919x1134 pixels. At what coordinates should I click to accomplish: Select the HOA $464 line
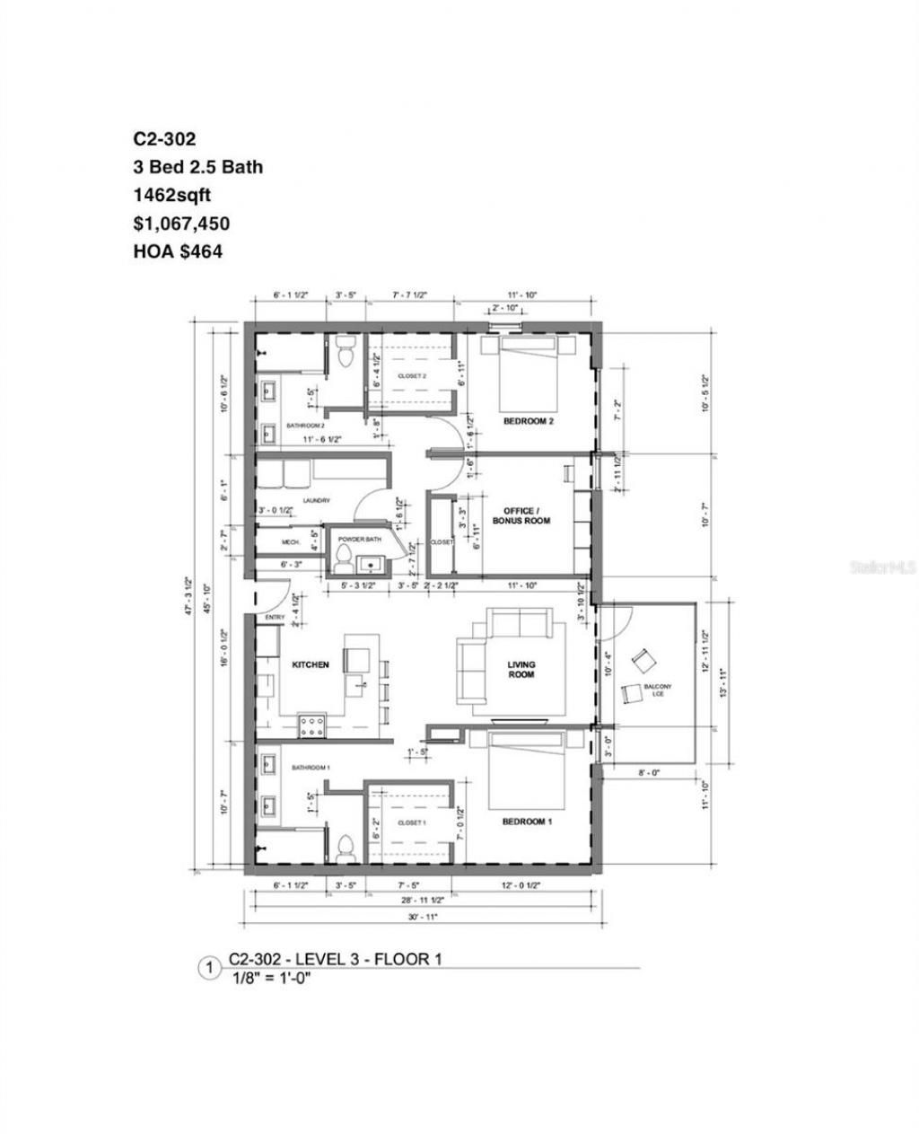[x=178, y=252]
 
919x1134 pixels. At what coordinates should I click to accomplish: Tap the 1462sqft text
[x=172, y=195]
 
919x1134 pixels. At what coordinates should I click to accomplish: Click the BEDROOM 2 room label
[x=528, y=421]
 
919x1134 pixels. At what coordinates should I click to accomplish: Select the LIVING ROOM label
[x=521, y=670]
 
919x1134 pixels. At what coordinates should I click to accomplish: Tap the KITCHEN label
[x=311, y=665]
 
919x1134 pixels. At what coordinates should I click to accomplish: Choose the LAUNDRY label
[x=317, y=501]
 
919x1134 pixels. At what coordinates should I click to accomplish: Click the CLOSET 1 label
[x=410, y=822]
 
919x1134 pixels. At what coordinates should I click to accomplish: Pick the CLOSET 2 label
[x=412, y=376]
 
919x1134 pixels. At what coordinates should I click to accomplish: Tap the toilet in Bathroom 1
[x=344, y=846]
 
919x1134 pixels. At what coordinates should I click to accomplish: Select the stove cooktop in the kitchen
[x=311, y=725]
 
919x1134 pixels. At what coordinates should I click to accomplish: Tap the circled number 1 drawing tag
[x=208, y=969]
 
